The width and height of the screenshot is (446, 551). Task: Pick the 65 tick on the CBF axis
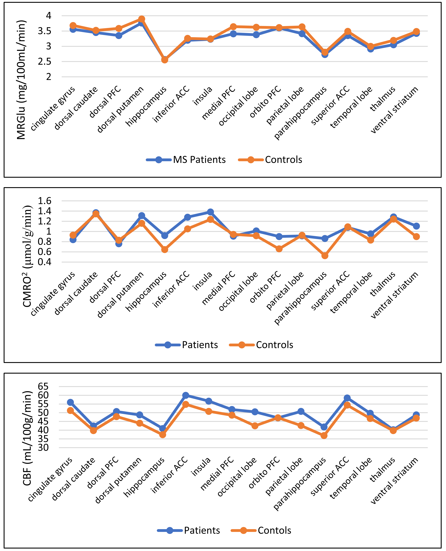click(x=43, y=386)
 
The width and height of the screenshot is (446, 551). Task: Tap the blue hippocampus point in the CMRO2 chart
click(x=165, y=235)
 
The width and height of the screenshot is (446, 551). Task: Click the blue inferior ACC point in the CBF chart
click(x=186, y=395)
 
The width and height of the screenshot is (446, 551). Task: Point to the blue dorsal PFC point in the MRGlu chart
click(x=119, y=35)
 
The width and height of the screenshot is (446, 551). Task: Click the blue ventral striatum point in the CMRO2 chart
click(x=416, y=226)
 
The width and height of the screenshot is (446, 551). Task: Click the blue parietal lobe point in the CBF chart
click(x=301, y=411)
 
